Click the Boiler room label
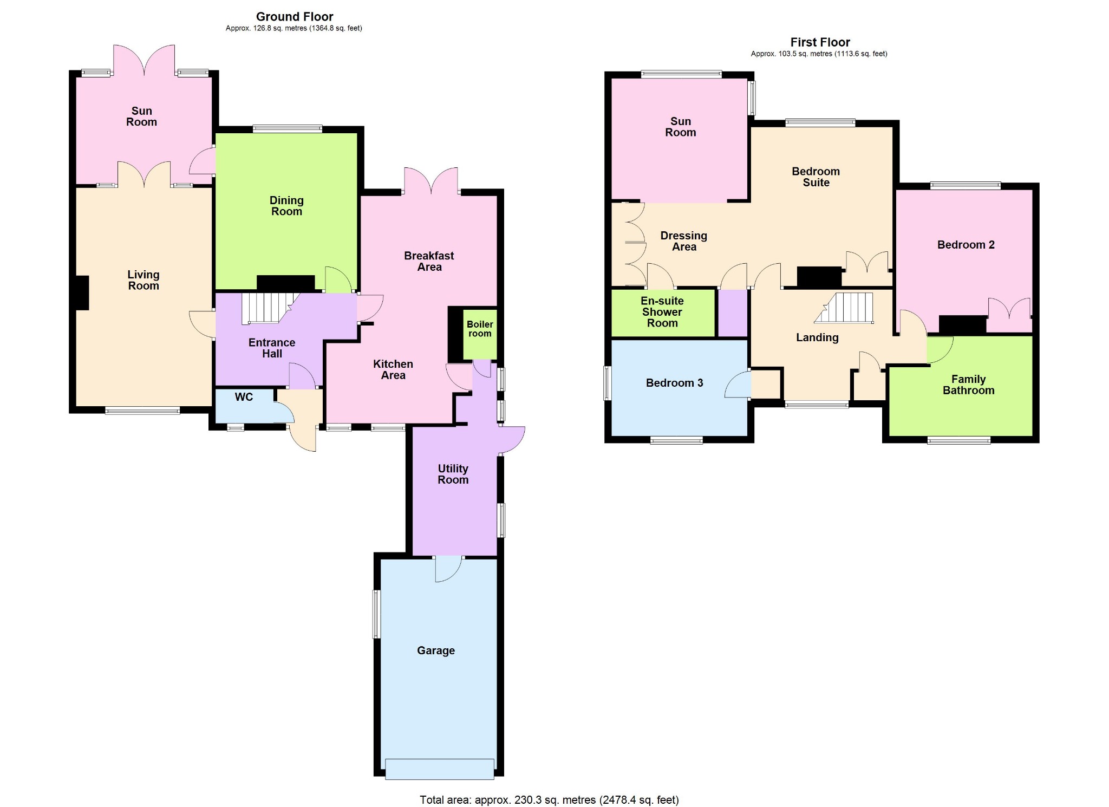click(x=480, y=329)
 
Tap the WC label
click(x=244, y=397)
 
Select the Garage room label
click(x=436, y=650)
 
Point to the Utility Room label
click(x=453, y=474)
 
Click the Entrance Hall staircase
click(x=268, y=308)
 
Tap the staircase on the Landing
click(x=844, y=308)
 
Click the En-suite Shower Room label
click(x=662, y=312)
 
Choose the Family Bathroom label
click(x=969, y=385)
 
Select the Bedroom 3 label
click(x=674, y=383)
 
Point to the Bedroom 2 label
click(x=966, y=245)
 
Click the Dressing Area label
click(x=684, y=241)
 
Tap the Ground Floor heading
click(x=295, y=17)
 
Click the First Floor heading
click(x=820, y=42)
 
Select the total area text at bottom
click(x=549, y=799)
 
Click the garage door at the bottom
click(x=440, y=769)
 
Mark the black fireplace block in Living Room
click(x=82, y=293)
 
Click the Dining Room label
click(x=286, y=206)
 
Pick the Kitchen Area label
click(x=393, y=369)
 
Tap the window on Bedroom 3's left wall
click(x=608, y=383)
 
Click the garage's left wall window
click(x=377, y=614)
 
